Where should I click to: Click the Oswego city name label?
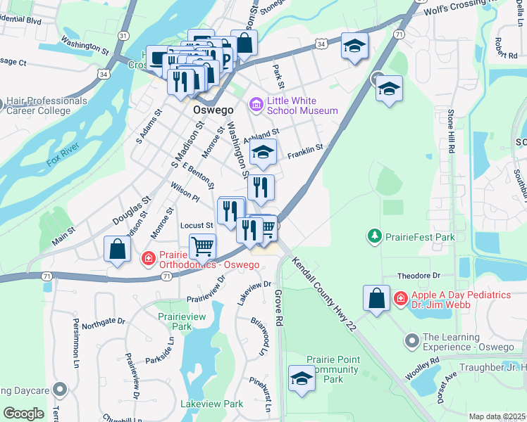pyautogui.click(x=209, y=110)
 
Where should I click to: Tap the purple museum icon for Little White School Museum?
pyautogui.click(x=256, y=105)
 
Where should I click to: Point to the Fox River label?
pyautogui.click(x=63, y=153)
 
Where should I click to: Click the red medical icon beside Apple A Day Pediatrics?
pyautogui.click(x=400, y=298)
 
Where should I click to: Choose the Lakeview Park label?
pyautogui.click(x=211, y=404)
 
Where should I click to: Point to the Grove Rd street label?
pyautogui.click(x=279, y=307)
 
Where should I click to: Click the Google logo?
pyautogui.click(x=23, y=414)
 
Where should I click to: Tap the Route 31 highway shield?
pyautogui.click(x=123, y=34)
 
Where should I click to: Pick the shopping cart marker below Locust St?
pyautogui.click(x=203, y=246)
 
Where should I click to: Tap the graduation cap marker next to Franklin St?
pyautogui.click(x=263, y=153)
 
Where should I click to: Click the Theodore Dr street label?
pyautogui.click(x=418, y=276)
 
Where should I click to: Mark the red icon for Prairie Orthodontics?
pyautogui.click(x=149, y=259)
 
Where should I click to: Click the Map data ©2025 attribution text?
pyautogui.click(x=497, y=416)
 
